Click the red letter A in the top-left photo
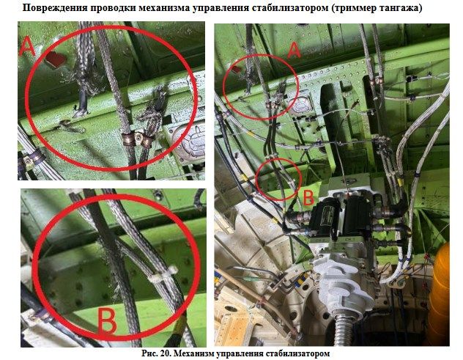point(27,48)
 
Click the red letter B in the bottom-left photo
point(107,321)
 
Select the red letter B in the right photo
point(308,198)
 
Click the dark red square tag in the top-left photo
point(56,59)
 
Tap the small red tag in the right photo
point(236,70)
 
